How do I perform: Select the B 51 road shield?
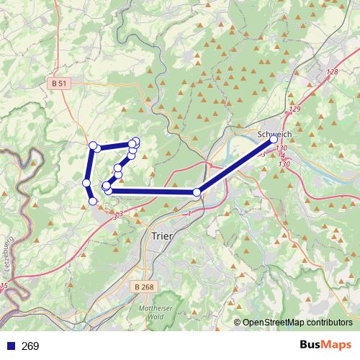click(60, 84)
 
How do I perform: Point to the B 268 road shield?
click(145, 287)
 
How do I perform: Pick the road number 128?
click(331, 72)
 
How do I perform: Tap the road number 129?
click(294, 109)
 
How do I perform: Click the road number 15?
click(4, 287)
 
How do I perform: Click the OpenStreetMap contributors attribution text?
click(297, 323)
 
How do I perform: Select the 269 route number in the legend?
click(30, 346)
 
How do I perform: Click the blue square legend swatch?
click(10, 346)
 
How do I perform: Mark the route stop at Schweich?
click(274, 139)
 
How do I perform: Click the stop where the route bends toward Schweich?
click(197, 192)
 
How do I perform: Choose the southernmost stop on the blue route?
click(93, 201)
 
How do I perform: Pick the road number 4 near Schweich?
click(282, 156)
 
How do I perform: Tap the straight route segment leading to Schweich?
click(235, 166)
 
